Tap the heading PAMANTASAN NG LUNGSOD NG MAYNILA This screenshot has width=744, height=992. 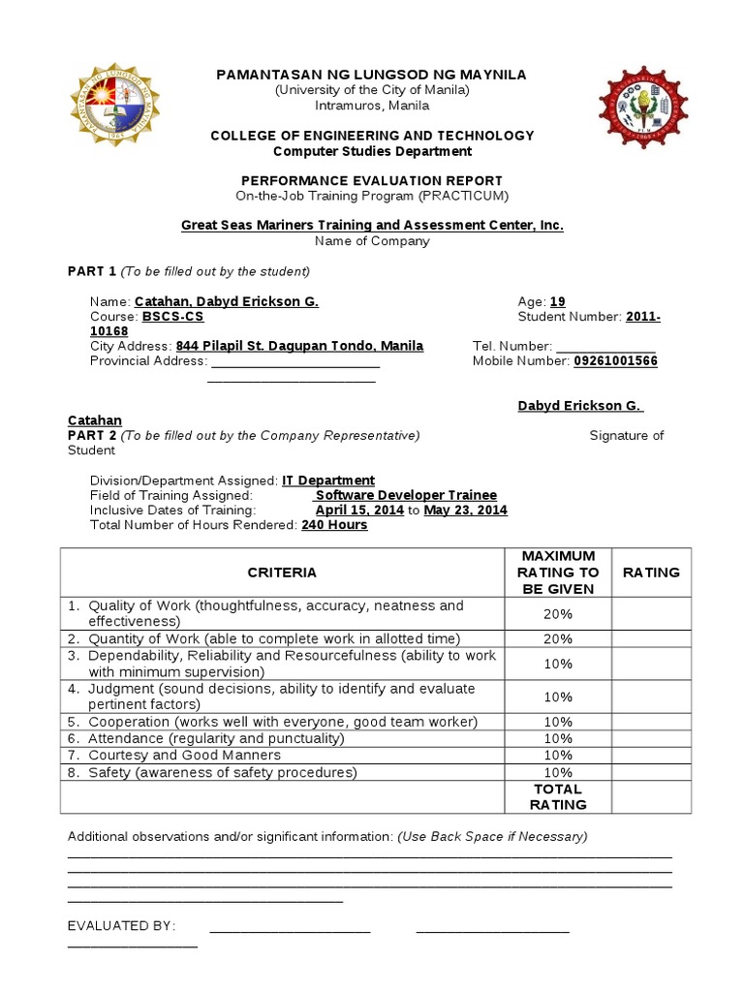click(372, 75)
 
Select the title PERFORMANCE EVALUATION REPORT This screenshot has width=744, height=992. click(372, 181)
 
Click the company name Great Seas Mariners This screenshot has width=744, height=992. click(372, 225)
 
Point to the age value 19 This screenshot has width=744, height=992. click(557, 301)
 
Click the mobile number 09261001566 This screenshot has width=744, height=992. click(615, 360)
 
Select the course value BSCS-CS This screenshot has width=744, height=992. click(173, 316)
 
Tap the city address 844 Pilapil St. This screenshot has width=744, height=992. click(298, 346)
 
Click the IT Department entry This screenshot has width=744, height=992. click(328, 480)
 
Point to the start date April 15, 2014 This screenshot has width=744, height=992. click(359, 510)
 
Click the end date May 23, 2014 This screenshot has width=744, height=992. click(465, 510)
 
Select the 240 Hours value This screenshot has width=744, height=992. click(334, 524)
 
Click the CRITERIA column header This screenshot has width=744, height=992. click(282, 573)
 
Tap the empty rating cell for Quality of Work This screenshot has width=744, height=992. click(651, 613)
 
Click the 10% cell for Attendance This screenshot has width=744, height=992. click(558, 738)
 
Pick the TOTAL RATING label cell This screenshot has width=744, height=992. click(558, 796)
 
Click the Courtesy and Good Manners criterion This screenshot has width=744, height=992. click(184, 755)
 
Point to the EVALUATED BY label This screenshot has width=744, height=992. click(121, 925)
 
